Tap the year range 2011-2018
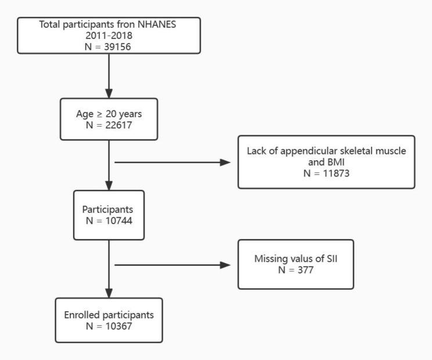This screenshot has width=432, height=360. pos(108,36)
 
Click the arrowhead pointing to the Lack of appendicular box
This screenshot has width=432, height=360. pos(225,162)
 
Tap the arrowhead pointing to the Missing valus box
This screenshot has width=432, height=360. pos(225,265)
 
